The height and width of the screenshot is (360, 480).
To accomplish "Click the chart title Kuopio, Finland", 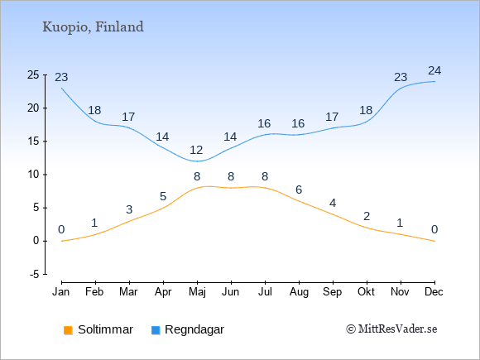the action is coord(93,27).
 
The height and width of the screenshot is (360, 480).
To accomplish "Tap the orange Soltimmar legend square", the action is coord(68,330).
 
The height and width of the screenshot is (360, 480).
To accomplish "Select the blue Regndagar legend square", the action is coord(156,330).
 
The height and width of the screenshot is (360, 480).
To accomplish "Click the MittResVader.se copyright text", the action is coord(391,329).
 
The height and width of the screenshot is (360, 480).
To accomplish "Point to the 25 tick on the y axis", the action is coord(33,74).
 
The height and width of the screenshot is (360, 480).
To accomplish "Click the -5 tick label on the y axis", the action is coord(34,274).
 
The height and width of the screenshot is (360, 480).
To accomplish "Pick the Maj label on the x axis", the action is coord(197,292).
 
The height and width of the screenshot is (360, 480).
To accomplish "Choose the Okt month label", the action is coord(366,292).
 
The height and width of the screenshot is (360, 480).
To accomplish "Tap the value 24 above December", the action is coord(434,70).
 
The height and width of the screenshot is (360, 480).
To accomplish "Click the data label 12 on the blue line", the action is coord(196,150).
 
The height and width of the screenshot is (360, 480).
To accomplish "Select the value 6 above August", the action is coord(299,190).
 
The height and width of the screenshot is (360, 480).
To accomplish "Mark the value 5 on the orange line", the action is coord(163,196).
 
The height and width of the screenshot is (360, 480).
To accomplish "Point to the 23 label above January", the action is coord(61,77).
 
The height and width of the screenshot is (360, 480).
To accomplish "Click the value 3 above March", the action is coord(129,209).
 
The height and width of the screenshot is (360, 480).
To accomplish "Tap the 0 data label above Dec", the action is coord(434,229).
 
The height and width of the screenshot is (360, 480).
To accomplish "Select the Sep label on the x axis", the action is coord(333,292).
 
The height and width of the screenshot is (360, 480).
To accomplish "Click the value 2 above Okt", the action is coord(367,217).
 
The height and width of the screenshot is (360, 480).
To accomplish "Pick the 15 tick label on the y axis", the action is coord(33,142).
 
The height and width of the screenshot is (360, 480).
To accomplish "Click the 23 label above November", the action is coord(401,77).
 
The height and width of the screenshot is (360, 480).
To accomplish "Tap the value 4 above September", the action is coord(333,203).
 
